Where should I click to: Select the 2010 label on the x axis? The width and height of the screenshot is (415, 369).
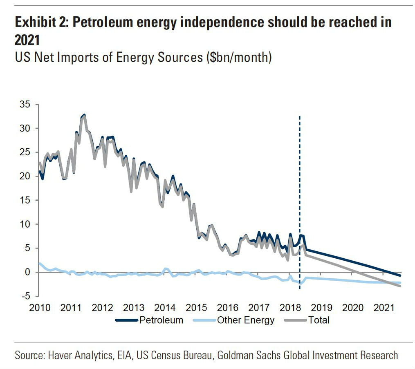pos(40,307)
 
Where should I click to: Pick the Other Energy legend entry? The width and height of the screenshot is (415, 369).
pos(245,320)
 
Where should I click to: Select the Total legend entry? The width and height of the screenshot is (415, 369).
pos(319,320)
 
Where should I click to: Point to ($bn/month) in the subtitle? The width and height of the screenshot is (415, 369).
pos(238,57)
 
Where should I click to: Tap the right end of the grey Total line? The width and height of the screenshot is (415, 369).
pos(400,286)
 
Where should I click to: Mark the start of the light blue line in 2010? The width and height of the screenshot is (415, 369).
pos(40,263)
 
